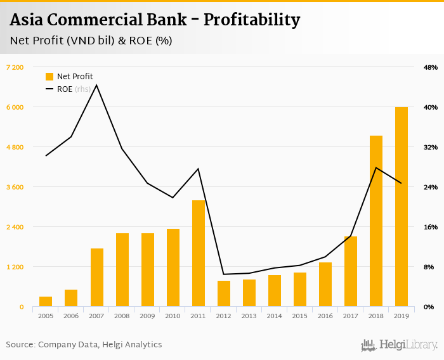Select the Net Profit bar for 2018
tap(375, 221)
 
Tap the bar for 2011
tap(198, 254)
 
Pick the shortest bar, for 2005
tap(46, 302)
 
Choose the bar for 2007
tap(96, 278)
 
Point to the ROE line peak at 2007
tap(96, 85)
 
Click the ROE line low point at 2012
tap(223, 274)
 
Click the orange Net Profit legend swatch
tap(49, 77)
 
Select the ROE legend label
tap(64, 89)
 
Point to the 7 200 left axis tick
tap(15, 67)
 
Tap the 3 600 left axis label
tap(15, 187)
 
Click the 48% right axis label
tap(430, 67)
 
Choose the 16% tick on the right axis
tap(430, 227)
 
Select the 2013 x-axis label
tap(249, 316)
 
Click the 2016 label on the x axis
tap(325, 316)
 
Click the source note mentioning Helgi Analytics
tap(84, 345)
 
